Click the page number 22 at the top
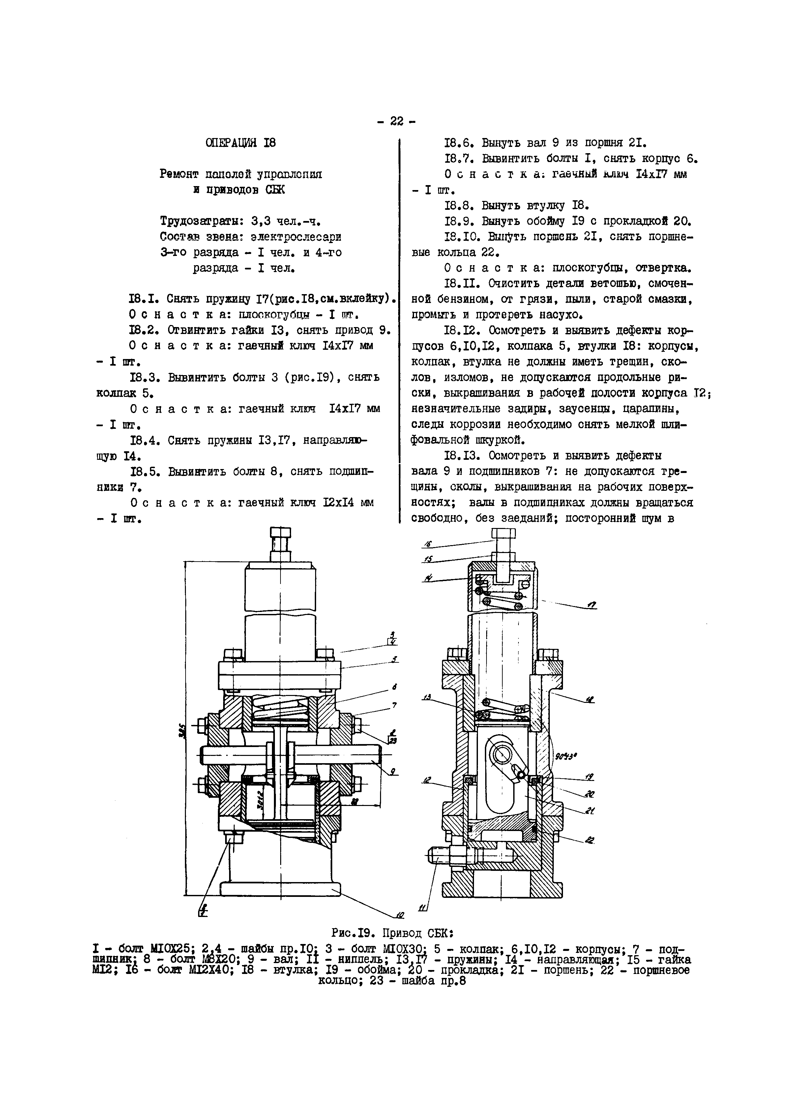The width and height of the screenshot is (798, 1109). [396, 121]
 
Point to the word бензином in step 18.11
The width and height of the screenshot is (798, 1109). [451, 299]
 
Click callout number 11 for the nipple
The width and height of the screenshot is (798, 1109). [422, 908]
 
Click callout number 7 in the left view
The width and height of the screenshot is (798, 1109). [394, 705]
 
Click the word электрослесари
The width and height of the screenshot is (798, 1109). [296, 237]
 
